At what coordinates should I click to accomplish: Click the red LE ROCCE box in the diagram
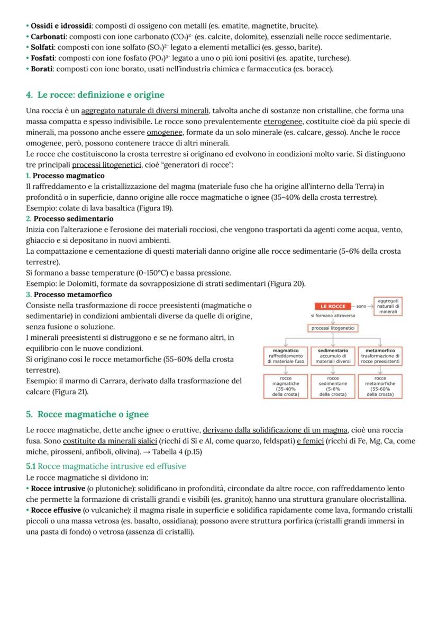coord(333,306)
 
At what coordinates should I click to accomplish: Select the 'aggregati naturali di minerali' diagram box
coord(388,306)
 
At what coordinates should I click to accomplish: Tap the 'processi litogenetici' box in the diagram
coord(333,328)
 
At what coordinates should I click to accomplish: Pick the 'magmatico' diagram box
coord(285,356)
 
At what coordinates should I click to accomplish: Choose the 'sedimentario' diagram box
coord(333,356)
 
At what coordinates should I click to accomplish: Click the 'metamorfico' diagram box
coord(380,356)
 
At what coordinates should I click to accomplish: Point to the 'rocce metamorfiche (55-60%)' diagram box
coord(380,386)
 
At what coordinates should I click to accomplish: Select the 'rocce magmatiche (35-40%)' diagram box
coord(285,386)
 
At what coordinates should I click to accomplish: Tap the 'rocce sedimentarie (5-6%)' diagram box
coord(333,386)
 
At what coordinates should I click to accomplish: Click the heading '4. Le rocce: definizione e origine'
coord(95,95)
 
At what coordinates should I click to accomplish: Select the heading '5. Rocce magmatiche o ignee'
coord(87,414)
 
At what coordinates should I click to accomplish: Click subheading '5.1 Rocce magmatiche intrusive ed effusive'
coord(106,466)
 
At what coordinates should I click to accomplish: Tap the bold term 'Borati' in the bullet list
coord(42,69)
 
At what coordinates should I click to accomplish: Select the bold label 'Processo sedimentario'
coord(73,219)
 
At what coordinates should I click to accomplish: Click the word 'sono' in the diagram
coord(361,306)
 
